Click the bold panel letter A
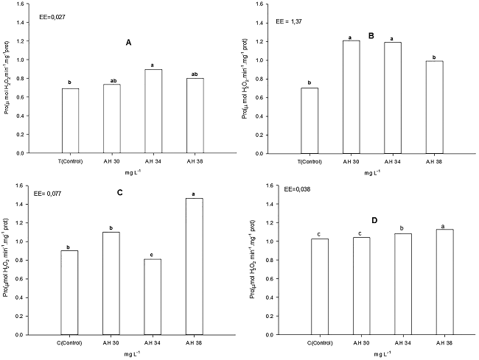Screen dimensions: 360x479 click(x=128, y=43)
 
